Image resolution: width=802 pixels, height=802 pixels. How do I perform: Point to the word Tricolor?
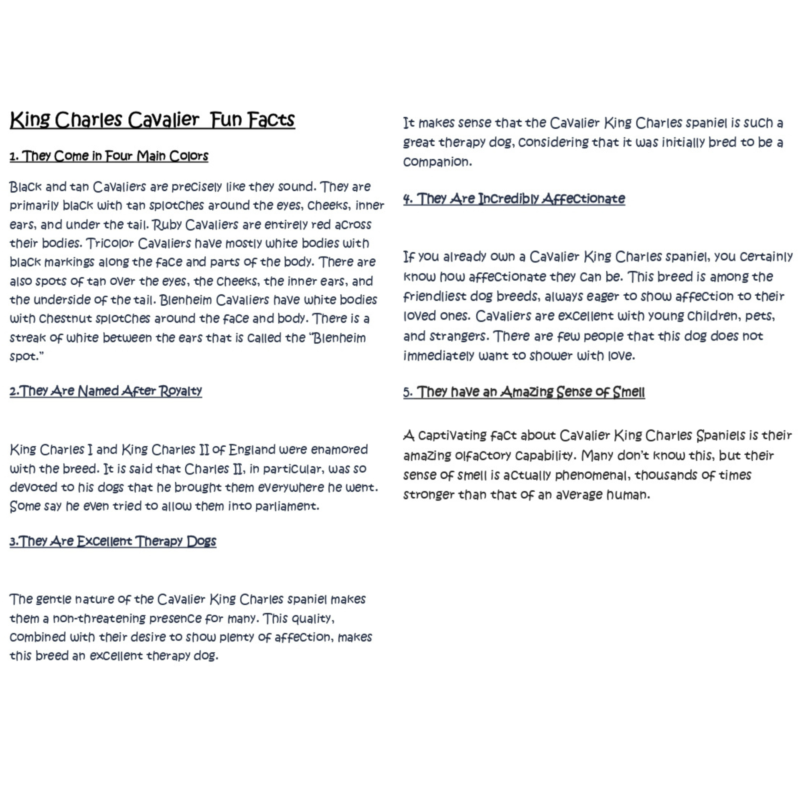click(x=109, y=243)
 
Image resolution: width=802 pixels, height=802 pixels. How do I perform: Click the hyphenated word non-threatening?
click(x=99, y=618)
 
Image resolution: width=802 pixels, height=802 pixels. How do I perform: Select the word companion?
click(x=437, y=162)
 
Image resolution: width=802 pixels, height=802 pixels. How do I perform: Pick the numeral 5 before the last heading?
click(x=407, y=392)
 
